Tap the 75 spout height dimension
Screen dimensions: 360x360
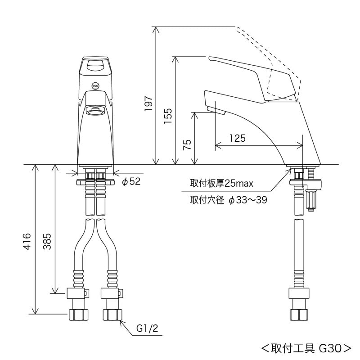click(x=188, y=144)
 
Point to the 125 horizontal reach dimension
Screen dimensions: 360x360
click(x=237, y=138)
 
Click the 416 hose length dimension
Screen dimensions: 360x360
click(x=27, y=241)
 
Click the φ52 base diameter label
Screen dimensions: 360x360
click(x=131, y=181)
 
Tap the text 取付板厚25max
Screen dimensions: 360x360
click(x=222, y=184)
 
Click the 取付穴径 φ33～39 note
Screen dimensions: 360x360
click(x=228, y=200)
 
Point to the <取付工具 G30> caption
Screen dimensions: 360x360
click(x=306, y=347)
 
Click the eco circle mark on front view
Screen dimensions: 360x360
click(x=95, y=84)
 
